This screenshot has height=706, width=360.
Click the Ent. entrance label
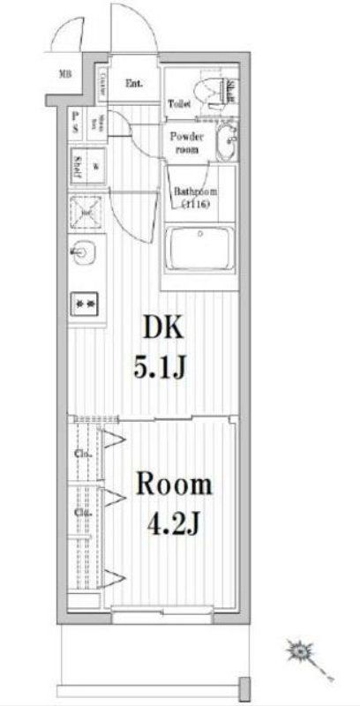pos(134,85)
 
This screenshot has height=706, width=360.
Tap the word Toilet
pos(179,103)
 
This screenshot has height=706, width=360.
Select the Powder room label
pos(186,143)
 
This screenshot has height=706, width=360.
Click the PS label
pos(77,121)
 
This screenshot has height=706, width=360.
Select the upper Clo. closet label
pos(79,456)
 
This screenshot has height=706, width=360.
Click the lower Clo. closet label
pos(79,512)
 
